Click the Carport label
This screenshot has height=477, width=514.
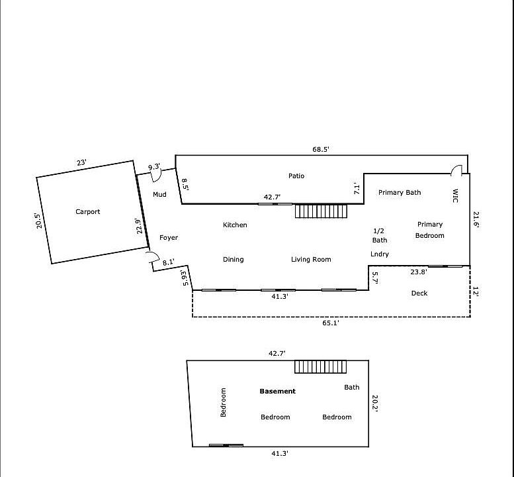87,212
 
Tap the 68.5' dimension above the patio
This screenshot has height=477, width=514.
321,149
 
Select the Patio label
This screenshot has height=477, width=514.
296,176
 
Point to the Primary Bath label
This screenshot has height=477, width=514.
400,192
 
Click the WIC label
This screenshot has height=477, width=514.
455,195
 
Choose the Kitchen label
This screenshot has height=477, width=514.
235,225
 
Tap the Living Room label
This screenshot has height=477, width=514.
311,259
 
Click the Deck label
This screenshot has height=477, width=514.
419,293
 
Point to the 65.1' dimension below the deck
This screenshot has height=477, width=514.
331,323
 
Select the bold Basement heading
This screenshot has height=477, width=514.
277,392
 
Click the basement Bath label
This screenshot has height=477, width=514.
352,388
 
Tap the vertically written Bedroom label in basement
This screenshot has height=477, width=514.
223,403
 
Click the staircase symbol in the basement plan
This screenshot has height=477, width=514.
321,367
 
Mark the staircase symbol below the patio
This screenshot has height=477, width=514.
321,211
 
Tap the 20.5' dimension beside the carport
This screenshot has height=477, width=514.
38,221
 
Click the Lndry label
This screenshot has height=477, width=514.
380,254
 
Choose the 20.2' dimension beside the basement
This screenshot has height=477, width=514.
375,403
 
